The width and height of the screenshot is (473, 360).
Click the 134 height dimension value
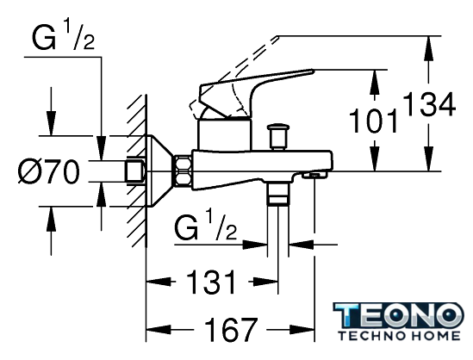[x=429, y=104]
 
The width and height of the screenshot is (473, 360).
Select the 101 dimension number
[x=373, y=121]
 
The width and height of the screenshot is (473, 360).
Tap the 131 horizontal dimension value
[x=211, y=282]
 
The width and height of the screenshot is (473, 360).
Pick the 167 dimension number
[x=231, y=329]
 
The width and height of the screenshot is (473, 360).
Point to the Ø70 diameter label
[x=49, y=171]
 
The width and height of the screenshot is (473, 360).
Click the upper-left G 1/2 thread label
[x=63, y=36]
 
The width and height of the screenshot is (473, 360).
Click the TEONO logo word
[x=398, y=315]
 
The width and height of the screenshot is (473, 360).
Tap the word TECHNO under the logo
[x=369, y=335]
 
